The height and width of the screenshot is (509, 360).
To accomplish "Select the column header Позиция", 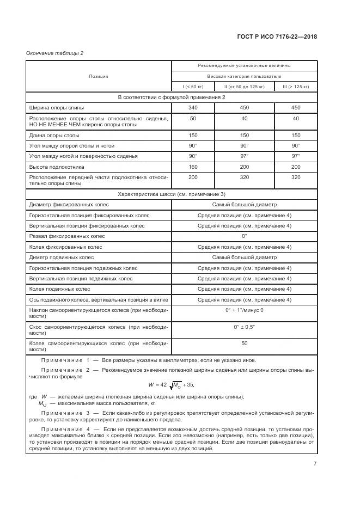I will [99, 76].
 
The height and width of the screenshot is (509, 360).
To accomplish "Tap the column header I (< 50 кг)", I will [193, 87].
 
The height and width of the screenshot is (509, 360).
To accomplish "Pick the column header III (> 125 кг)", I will [295, 87].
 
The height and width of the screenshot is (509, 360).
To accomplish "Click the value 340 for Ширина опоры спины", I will [193, 108].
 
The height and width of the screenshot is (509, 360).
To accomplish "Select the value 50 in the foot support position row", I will [193, 118].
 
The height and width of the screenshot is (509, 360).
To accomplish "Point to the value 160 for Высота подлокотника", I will [193, 167].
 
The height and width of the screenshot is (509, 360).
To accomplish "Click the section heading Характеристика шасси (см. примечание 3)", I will [171, 194].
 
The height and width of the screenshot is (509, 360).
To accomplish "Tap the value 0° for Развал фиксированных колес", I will [244, 236].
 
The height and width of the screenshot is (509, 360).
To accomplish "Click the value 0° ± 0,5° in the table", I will [244, 327].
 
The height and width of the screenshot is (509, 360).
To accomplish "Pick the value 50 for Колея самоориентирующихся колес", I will [244, 344].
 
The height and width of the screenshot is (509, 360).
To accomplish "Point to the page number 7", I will [314, 463].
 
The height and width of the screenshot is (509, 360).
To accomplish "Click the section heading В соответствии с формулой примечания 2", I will [171, 97].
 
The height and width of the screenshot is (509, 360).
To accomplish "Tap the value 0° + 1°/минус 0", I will [244, 310].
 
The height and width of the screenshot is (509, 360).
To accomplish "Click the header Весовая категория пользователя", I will [244, 76].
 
